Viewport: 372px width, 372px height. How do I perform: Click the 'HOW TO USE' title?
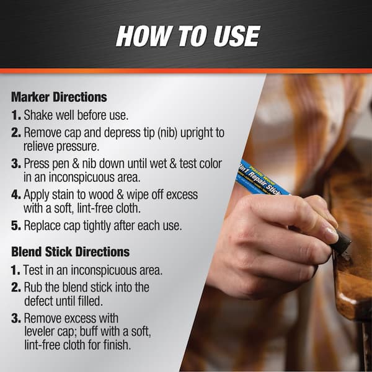188,35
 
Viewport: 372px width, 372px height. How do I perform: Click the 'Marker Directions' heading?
59,97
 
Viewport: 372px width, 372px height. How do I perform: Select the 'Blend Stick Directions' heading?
70,252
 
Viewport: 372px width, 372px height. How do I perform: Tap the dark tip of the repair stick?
341,242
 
